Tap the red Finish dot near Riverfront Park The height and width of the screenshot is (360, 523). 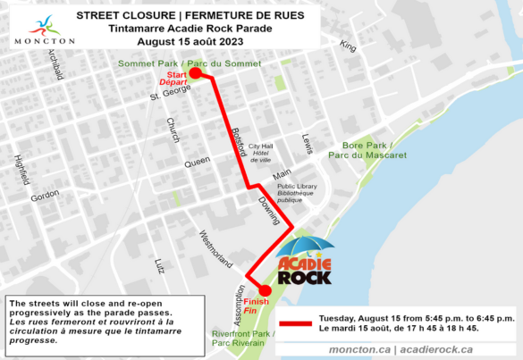point(265,289)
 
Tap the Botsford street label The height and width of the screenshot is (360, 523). point(238,141)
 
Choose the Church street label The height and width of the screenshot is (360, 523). point(173,130)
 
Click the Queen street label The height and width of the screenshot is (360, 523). point(197,163)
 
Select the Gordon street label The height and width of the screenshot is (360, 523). point(45,196)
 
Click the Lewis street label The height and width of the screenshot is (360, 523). point(308,143)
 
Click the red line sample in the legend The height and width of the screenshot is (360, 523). point(297,323)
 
